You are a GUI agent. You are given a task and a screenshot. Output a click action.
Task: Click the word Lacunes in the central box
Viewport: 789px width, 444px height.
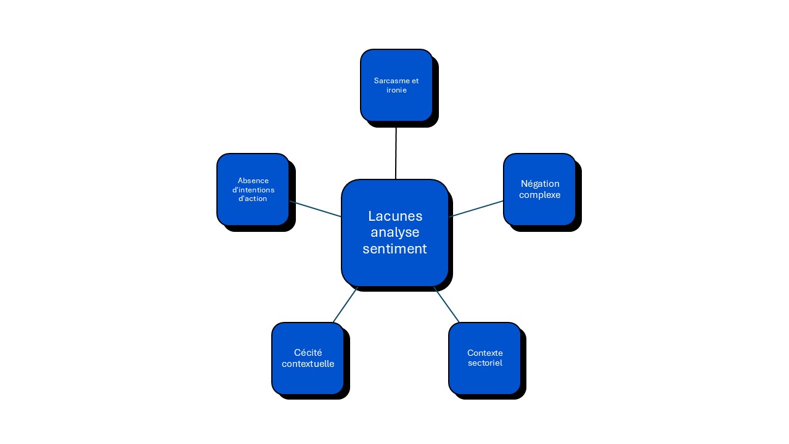(x=395, y=216)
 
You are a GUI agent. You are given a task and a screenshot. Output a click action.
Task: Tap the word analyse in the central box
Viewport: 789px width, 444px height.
(x=395, y=232)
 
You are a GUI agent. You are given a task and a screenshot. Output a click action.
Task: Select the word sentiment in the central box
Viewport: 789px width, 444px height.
(x=395, y=249)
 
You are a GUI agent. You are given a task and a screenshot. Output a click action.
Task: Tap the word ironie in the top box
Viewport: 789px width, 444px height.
(x=396, y=90)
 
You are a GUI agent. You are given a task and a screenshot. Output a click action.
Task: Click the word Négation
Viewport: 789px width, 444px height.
(x=540, y=184)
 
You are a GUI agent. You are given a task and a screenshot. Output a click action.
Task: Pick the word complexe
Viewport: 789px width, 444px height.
(x=540, y=195)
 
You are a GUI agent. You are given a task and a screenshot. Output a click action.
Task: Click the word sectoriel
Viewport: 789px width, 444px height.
(x=484, y=363)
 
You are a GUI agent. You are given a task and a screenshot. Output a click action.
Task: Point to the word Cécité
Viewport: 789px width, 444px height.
(x=308, y=353)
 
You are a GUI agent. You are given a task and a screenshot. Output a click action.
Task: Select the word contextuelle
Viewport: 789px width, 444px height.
(x=308, y=364)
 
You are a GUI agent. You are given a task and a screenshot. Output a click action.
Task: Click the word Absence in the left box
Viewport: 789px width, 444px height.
(x=253, y=181)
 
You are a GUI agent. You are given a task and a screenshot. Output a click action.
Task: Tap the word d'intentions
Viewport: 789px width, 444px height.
(x=253, y=190)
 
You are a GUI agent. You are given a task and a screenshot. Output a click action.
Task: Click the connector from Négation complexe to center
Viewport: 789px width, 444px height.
(x=476, y=208)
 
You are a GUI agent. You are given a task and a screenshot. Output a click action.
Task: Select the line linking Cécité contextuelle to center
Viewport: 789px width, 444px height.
(x=345, y=305)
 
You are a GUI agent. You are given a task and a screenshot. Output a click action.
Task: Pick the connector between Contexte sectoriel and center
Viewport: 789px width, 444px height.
(x=446, y=305)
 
